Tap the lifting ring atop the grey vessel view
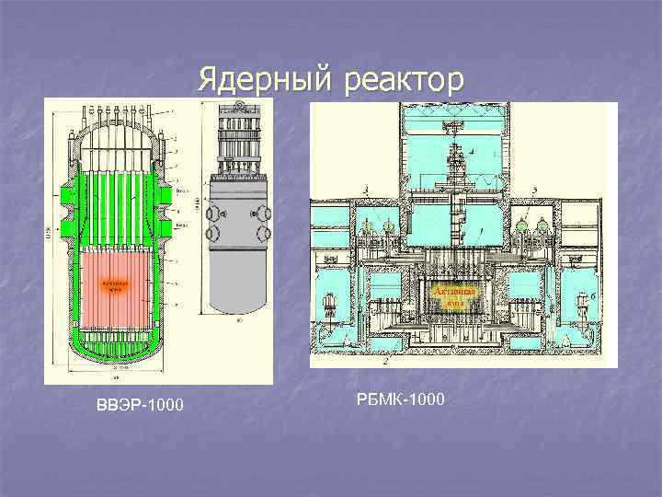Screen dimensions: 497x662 point(238,109)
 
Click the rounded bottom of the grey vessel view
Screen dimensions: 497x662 point(239,304)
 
